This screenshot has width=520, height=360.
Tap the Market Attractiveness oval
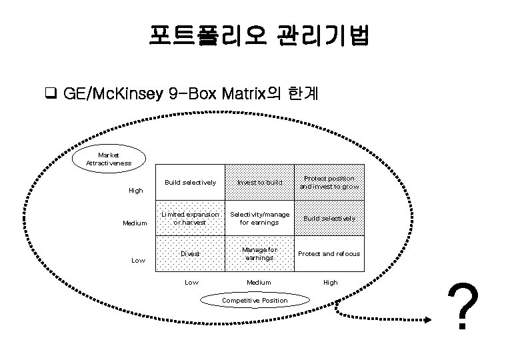click(109, 159)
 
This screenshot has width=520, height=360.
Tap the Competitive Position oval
click(255, 300)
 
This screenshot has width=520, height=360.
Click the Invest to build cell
click(259, 182)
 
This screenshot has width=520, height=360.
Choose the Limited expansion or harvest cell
click(190, 218)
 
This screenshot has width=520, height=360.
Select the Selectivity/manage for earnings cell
click(259, 218)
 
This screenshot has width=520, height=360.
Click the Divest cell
click(190, 254)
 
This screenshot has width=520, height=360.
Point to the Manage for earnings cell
click(259, 254)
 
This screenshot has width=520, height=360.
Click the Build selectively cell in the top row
click(190, 182)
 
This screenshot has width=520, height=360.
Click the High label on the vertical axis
click(135, 191)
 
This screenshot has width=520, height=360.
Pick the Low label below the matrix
click(191, 283)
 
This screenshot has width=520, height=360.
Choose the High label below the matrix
click(330, 283)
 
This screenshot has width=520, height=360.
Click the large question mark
click(464, 307)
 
